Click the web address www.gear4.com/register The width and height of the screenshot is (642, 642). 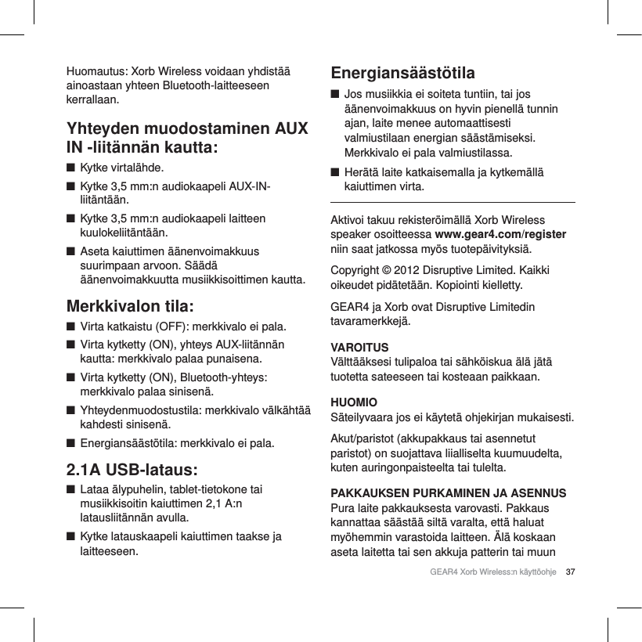(500, 234)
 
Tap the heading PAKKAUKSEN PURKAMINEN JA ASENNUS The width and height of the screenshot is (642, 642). (449, 493)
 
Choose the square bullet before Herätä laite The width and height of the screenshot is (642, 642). (336, 172)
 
